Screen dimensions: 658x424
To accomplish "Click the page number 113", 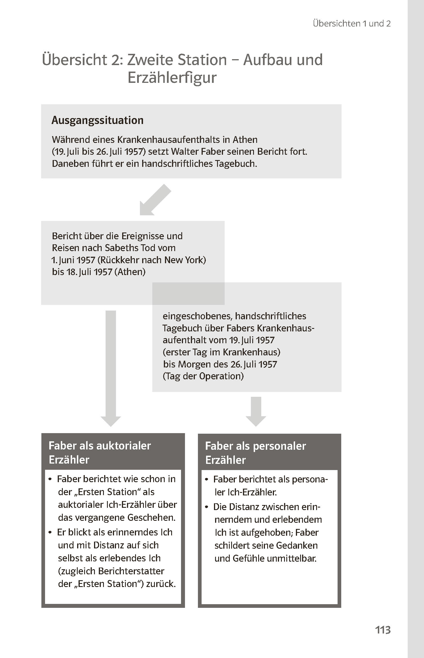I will [383, 630].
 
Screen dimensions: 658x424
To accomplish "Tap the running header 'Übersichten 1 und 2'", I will [352, 23].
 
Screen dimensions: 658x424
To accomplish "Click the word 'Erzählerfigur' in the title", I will [172, 78].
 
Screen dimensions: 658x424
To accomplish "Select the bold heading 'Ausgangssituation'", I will [97, 120].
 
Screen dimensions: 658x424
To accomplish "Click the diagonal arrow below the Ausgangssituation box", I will [155, 200].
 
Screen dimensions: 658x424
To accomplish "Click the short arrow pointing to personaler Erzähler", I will [256, 411].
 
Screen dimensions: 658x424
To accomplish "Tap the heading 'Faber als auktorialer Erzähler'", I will [100, 452].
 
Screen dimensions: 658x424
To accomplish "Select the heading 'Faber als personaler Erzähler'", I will [255, 453].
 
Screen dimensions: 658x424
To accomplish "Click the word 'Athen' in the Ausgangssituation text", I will [245, 140].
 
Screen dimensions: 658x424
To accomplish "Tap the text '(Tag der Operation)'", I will [203, 376].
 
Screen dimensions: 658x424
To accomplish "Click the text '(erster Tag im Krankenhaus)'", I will [221, 352].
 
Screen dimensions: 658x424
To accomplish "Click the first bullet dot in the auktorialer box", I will [50, 479].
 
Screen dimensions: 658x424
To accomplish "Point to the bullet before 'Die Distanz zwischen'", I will [207, 507].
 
